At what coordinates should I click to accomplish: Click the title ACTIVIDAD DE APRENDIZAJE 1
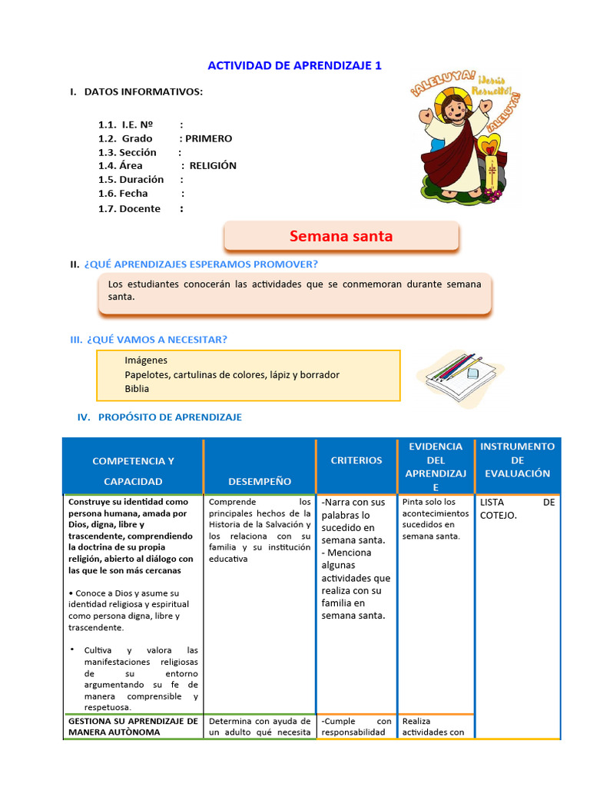294,66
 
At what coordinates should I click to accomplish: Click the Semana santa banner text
340,237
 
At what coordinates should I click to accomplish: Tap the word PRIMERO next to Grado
208,139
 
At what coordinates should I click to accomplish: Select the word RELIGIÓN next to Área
213,165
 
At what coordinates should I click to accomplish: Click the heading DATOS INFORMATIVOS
143,92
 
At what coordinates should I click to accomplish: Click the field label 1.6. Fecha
123,194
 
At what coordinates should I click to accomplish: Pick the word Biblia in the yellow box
138,389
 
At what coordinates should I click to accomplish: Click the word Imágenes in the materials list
146,360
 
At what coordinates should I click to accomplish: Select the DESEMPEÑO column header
260,481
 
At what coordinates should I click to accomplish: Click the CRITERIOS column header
356,460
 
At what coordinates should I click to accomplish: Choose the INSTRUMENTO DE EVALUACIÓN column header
517,460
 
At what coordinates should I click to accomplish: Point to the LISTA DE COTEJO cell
516,508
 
